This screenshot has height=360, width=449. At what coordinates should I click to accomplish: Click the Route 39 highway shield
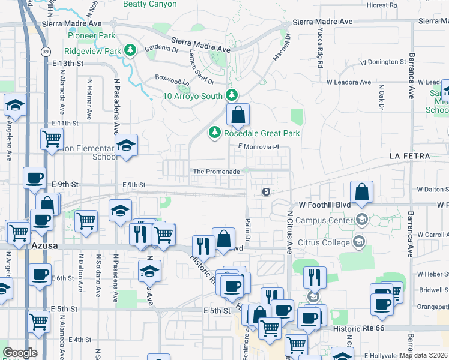(29, 52)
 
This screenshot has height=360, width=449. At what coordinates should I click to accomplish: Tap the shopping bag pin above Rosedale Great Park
(238, 114)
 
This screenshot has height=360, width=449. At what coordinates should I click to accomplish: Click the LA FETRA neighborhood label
(409, 156)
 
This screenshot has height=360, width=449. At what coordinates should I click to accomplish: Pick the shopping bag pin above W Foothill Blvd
(363, 192)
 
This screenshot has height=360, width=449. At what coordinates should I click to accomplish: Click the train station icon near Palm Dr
(265, 192)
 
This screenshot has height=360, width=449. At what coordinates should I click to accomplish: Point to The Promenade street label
(217, 172)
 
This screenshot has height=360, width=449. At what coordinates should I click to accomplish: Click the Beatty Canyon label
(150, 4)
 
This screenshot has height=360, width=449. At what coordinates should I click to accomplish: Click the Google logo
(20, 353)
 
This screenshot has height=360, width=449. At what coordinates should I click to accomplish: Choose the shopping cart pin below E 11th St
(52, 139)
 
